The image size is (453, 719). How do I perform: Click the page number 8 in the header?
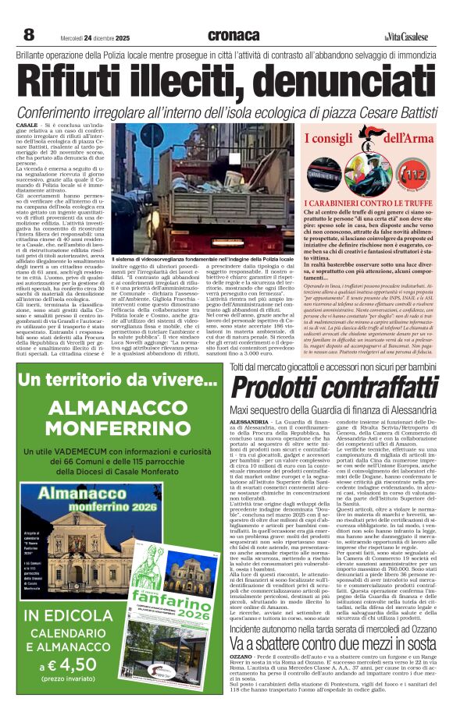(29, 35)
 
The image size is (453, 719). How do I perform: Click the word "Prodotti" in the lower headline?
(270, 388)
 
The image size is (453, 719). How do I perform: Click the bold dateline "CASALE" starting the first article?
(27, 125)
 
